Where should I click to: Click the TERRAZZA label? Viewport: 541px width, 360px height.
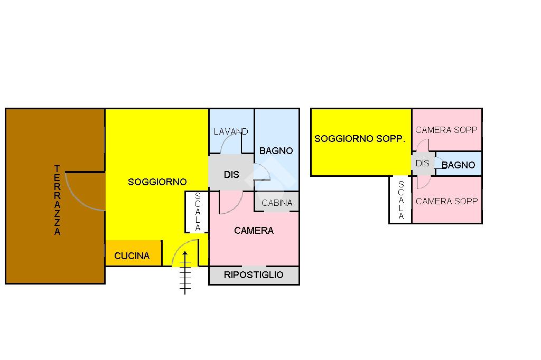(57, 200)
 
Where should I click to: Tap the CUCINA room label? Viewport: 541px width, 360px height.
(132, 256)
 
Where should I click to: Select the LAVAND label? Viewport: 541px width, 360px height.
(231, 131)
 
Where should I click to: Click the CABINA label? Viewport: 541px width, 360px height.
(277, 203)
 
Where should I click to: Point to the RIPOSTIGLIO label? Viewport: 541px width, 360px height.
(254, 275)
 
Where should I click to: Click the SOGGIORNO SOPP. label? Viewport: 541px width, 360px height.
(360, 139)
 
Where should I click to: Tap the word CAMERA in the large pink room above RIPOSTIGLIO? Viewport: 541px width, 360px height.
(254, 231)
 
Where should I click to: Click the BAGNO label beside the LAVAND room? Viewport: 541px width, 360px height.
(276, 150)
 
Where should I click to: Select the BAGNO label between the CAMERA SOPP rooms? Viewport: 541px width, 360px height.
(458, 165)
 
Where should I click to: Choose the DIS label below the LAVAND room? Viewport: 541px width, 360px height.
(231, 175)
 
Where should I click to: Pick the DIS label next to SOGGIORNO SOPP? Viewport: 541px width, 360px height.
(423, 164)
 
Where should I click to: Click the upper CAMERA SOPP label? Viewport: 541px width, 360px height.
(446, 130)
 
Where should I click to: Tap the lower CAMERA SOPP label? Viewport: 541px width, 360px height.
(446, 201)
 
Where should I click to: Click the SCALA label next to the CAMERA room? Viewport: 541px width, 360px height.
(198, 212)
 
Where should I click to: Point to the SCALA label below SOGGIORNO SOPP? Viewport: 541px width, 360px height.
(401, 200)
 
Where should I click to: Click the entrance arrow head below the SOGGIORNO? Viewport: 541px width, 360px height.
(185, 255)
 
